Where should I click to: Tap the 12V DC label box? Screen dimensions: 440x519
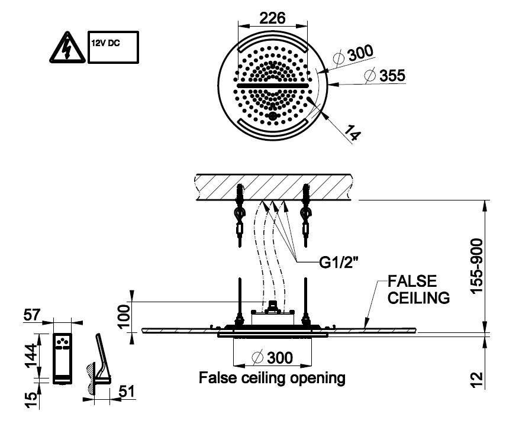point(112,47)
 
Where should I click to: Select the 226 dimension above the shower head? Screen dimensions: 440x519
point(273,18)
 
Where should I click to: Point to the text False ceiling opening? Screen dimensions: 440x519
point(272,377)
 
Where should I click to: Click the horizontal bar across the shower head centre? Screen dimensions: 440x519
point(272,86)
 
